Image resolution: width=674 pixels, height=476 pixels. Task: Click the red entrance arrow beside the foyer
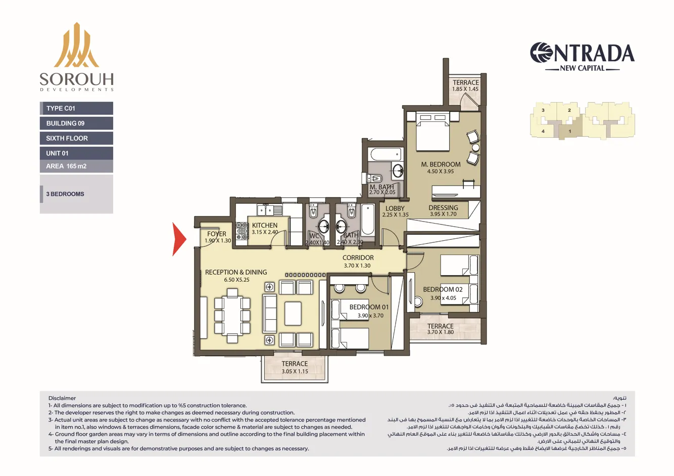pos(179,239)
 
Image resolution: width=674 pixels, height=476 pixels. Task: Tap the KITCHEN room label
pos(265,225)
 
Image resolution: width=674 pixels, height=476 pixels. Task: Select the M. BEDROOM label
pos(441,164)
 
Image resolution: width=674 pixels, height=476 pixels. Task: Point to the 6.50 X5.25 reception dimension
pos(236,280)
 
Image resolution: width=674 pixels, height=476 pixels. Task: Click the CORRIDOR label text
pos(358,258)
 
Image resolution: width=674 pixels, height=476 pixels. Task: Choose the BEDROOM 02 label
pos(443,290)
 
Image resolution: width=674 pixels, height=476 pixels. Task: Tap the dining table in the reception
pos(232,316)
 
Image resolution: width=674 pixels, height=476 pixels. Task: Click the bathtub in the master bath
pos(385,154)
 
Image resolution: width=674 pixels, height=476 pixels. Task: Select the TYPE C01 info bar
pos(76,108)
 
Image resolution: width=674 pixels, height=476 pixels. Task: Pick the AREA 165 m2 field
pos(76,166)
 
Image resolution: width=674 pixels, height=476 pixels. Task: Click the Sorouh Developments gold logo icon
pos(77,47)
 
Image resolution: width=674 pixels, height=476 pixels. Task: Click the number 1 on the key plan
pos(569,132)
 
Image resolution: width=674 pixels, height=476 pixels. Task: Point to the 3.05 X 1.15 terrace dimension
pos(295,371)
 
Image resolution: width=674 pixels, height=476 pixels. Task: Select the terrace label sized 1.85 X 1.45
pos(465,82)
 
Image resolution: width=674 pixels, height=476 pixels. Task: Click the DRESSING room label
pos(443,207)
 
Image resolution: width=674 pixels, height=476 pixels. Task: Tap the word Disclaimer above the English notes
pos(62,398)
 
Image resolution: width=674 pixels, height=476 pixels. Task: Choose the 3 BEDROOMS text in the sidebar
pos(65,194)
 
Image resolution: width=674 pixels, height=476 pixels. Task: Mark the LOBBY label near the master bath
pos(395,208)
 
